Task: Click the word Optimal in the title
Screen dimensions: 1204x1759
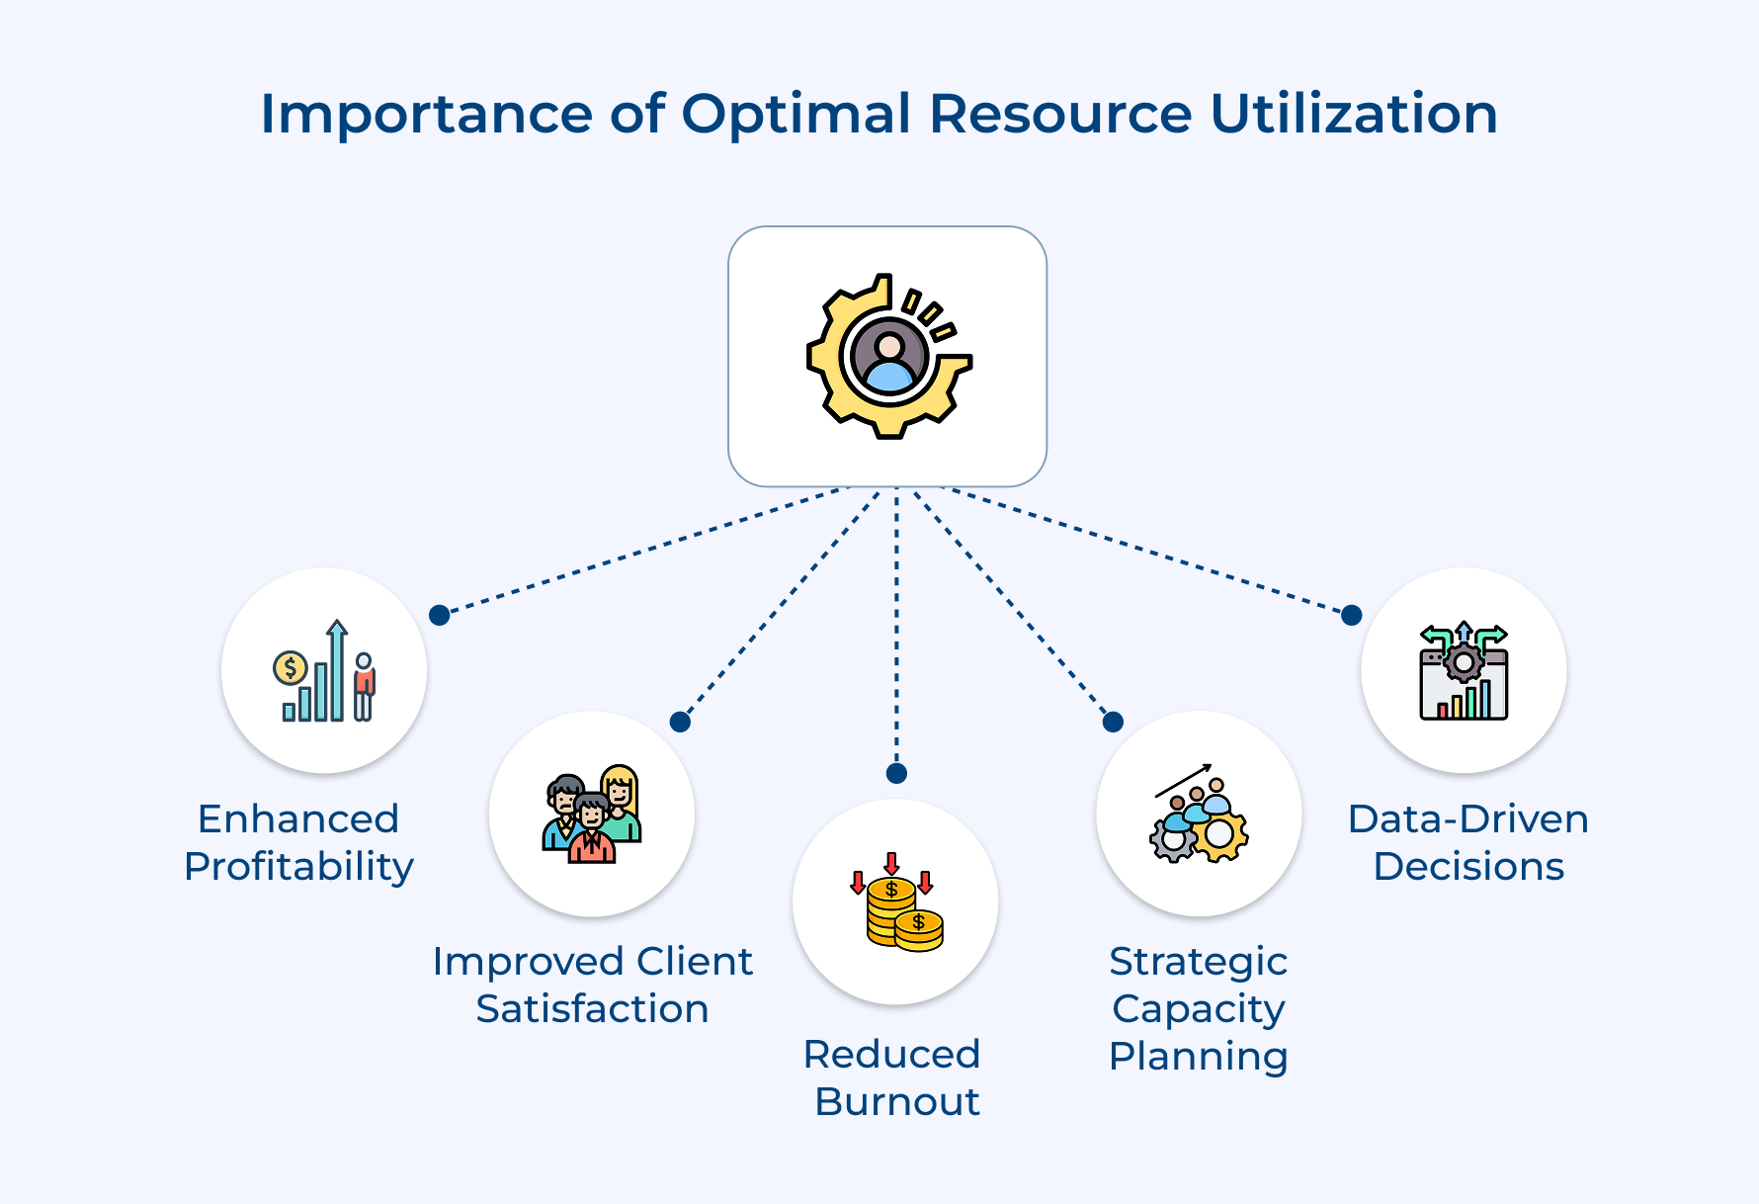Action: [796, 114]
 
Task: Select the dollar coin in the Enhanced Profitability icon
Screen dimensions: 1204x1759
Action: [290, 669]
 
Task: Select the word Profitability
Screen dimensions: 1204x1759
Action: [298, 867]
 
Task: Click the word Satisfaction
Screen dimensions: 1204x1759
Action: [592, 1009]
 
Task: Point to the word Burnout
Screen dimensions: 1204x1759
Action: [896, 1102]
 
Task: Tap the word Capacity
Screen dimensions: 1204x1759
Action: [1198, 1009]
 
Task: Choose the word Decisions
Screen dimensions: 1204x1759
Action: [1468, 867]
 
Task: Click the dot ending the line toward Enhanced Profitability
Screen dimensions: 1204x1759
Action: [440, 615]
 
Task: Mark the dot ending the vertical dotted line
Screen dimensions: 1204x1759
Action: [896, 773]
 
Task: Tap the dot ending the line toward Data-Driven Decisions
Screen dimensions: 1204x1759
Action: [1352, 615]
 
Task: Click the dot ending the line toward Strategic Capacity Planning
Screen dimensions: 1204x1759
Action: [1113, 722]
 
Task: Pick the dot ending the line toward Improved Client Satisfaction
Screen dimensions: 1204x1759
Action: [680, 722]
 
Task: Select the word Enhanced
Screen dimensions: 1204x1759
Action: [298, 819]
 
